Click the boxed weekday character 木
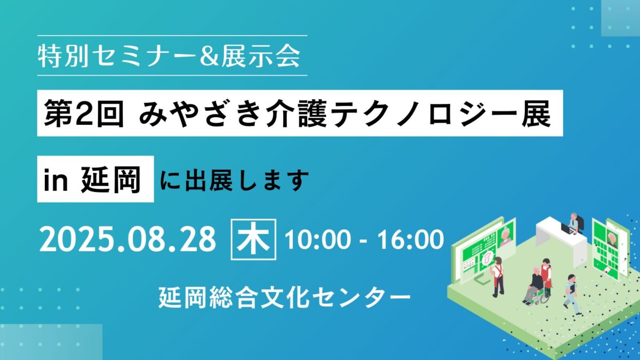click(253, 239)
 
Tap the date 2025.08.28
click(127, 239)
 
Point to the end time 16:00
click(410, 240)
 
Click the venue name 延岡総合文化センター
click(285, 297)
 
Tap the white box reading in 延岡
click(95, 179)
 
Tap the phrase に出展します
click(234, 180)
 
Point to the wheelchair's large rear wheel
click(545, 297)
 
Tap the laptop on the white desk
click(566, 229)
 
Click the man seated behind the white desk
click(574, 222)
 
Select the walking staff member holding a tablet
click(571, 294)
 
